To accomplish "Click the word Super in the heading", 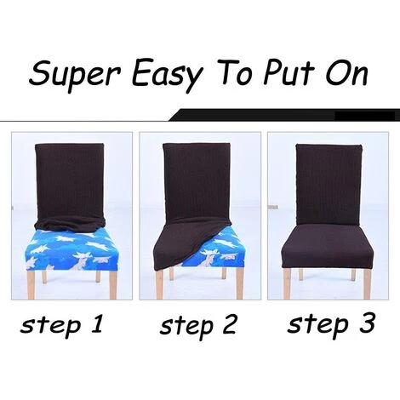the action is [76, 74].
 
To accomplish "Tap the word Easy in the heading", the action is [167, 74].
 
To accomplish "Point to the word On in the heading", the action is [346, 72].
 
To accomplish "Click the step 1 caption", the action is [61, 325].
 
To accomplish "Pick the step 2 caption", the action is [197, 327].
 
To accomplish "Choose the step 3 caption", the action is [331, 324].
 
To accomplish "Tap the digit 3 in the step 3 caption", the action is [368, 323].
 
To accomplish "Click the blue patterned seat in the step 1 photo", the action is [71, 249].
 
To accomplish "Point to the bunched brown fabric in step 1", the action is [70, 224].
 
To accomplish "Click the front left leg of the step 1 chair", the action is [31, 284].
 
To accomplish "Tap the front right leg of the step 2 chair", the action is [239, 283].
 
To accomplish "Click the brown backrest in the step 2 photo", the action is [197, 181].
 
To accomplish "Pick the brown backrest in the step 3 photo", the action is [329, 185].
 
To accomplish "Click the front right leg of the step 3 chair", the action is [368, 283].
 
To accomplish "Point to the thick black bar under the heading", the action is [284, 115].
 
